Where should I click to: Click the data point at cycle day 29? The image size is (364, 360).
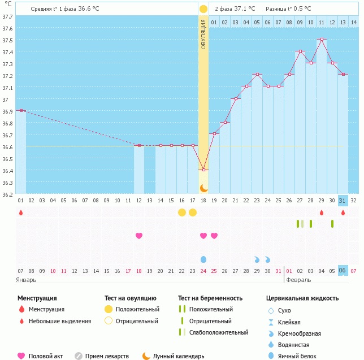pyautogui.click(x=321, y=40)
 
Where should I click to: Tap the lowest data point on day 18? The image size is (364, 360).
pyautogui.click(x=203, y=170)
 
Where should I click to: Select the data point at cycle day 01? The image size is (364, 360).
pyautogui.click(x=21, y=110)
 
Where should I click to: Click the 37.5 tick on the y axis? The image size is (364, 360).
pyautogui.click(x=7, y=40)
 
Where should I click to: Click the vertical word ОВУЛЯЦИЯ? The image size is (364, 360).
pyautogui.click(x=203, y=34)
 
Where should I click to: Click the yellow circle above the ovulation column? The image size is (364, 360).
pyautogui.click(x=203, y=9)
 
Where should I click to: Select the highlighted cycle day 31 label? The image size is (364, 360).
pyautogui.click(x=343, y=200)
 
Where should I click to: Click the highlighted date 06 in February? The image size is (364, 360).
pyautogui.click(x=343, y=271)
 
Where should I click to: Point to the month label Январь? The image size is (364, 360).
pyautogui.click(x=26, y=280)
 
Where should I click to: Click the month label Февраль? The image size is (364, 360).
pyautogui.click(x=299, y=280)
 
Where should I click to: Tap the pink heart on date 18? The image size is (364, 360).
pyautogui.click(x=138, y=236)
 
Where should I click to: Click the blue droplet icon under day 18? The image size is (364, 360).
pyautogui.click(x=203, y=259)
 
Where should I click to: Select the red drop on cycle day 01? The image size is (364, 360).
pyautogui.click(x=21, y=212)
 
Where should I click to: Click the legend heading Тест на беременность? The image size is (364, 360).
pyautogui.click(x=210, y=298)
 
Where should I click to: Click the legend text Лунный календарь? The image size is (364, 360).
pyautogui.click(x=180, y=356)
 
